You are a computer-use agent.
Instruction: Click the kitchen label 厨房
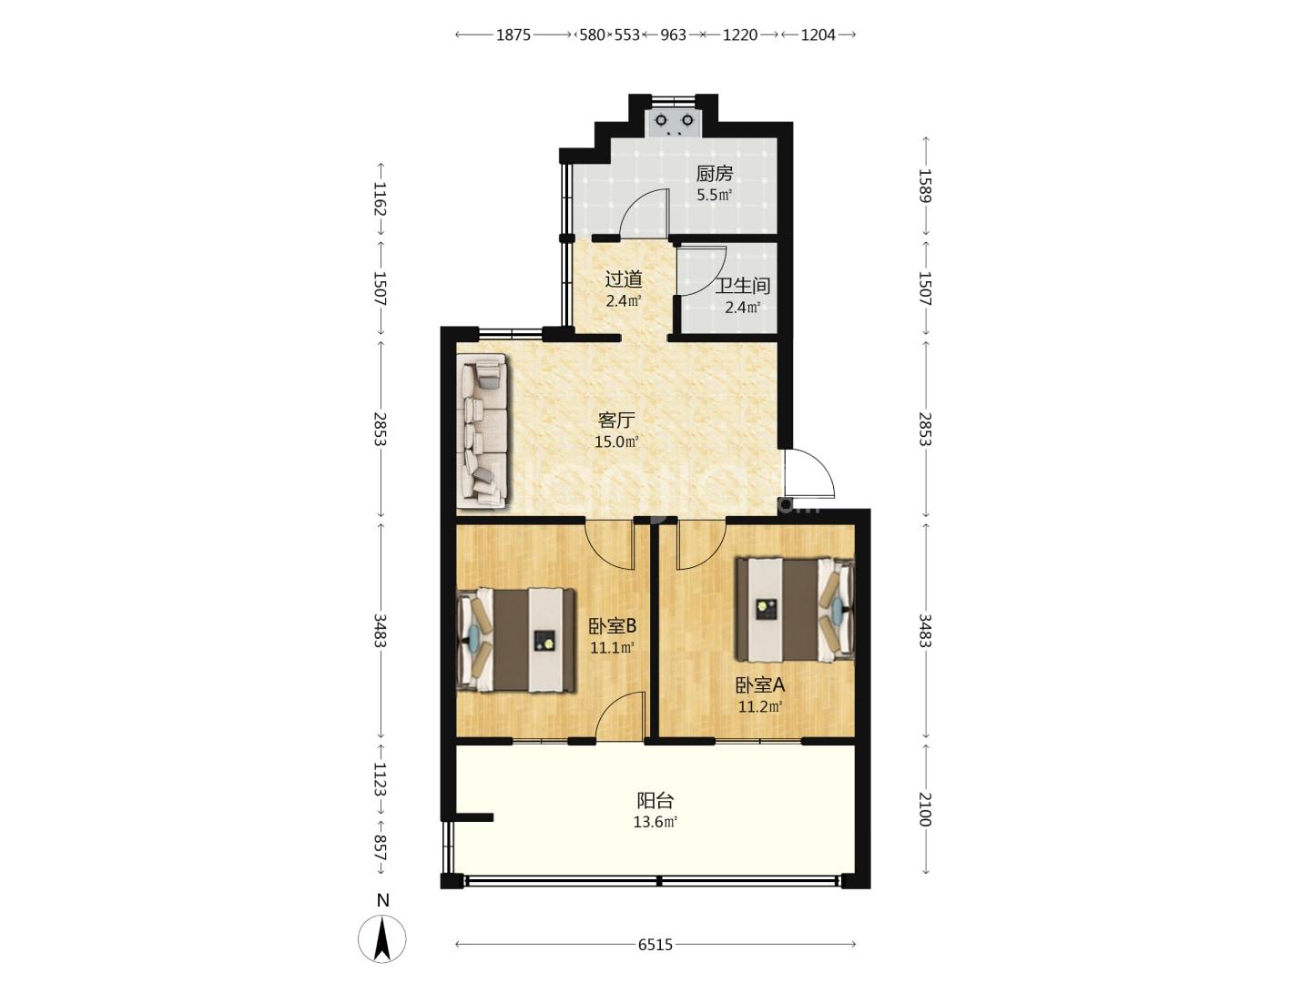pyautogui.click(x=715, y=174)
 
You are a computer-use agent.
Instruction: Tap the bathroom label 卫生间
pyautogui.click(x=742, y=286)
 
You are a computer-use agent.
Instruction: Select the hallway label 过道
pyautogui.click(x=624, y=279)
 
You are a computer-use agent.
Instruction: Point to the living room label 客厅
pyautogui.click(x=615, y=421)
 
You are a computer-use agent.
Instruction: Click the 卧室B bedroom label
pyautogui.click(x=612, y=626)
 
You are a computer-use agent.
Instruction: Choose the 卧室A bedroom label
pyautogui.click(x=759, y=685)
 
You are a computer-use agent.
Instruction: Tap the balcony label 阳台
pyautogui.click(x=655, y=800)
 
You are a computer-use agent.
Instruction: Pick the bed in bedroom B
pyautogui.click(x=516, y=641)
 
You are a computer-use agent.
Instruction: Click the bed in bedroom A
pyautogui.click(x=795, y=610)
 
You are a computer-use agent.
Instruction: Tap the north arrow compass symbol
pyautogui.click(x=382, y=937)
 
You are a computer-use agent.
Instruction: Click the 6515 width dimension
pyautogui.click(x=655, y=945)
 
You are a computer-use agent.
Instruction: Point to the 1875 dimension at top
pyautogui.click(x=513, y=35)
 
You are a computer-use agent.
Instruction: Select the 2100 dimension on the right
pyautogui.click(x=925, y=809)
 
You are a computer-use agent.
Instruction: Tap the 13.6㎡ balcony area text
pyautogui.click(x=655, y=823)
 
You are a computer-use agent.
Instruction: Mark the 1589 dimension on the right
pyautogui.click(x=925, y=187)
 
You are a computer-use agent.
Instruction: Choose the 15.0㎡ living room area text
pyautogui.click(x=616, y=442)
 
